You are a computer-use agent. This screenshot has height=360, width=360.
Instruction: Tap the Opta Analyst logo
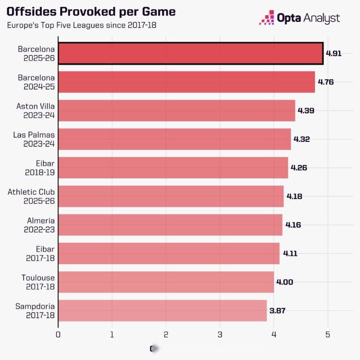coord(300,18)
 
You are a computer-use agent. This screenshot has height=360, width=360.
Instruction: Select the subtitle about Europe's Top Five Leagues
coord(82,25)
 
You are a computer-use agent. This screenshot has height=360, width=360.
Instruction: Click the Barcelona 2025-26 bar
coord(190,53)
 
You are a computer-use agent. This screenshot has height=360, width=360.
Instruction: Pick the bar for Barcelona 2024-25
coord(187,82)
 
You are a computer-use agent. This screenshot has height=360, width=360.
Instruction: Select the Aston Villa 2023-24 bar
coord(177,111)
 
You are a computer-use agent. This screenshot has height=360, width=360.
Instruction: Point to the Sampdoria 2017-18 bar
coord(162,311)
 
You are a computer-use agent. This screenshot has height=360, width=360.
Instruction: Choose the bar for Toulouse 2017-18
coord(166,282)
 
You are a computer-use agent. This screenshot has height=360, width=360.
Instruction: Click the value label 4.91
coord(334,53)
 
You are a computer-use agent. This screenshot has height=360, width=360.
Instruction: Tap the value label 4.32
coord(301,139)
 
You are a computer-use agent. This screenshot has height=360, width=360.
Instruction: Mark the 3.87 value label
coord(278,311)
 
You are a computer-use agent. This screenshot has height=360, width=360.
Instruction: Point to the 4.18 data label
coord(294,196)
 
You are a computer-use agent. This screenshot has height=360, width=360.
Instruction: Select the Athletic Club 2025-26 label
coord(31,196)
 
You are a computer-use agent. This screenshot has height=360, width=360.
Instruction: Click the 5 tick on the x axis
coord(328,335)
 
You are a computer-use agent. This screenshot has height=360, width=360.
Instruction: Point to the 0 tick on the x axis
coord(58,335)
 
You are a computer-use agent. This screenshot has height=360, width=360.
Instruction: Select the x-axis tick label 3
coord(220,335)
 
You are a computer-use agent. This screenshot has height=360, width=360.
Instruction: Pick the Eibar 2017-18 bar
coord(169,254)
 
